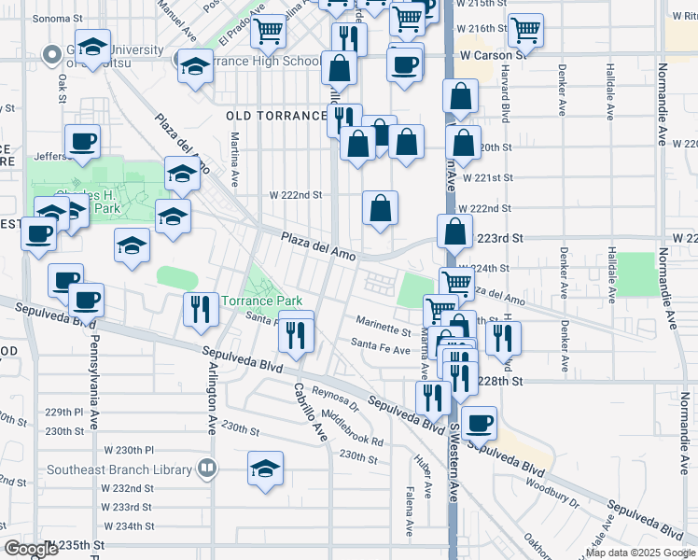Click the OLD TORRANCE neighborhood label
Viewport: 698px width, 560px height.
276,116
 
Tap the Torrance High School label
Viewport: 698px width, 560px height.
262,62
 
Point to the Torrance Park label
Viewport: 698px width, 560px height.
262,301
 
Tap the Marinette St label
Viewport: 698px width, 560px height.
383,331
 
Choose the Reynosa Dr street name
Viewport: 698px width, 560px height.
337,400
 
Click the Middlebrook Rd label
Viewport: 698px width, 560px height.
353,427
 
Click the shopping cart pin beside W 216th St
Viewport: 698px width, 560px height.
526,30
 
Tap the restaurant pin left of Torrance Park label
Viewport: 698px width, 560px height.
202,309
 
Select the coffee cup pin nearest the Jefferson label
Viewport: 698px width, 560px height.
82,141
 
